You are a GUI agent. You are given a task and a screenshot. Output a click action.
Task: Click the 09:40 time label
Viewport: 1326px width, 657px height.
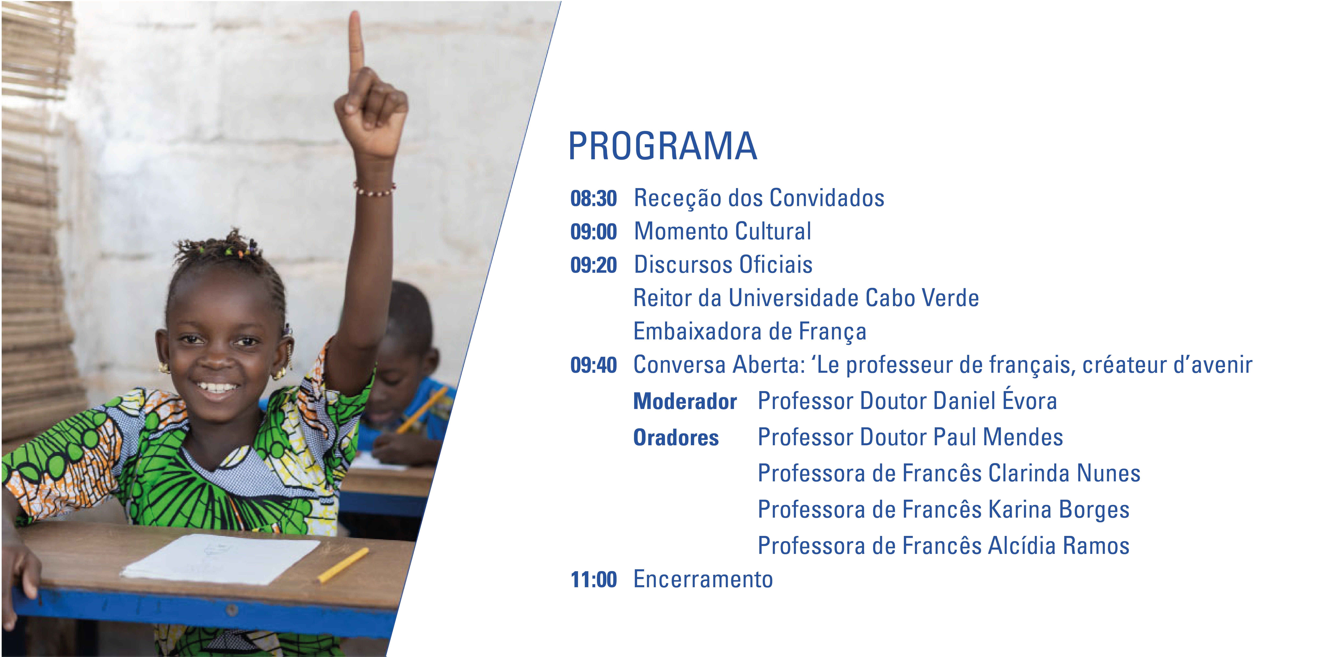pyautogui.click(x=594, y=365)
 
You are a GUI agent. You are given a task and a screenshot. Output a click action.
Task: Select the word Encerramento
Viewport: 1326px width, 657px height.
pyautogui.click(x=703, y=579)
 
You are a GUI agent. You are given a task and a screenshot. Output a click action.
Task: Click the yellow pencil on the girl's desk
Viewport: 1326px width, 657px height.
pyautogui.click(x=343, y=565)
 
